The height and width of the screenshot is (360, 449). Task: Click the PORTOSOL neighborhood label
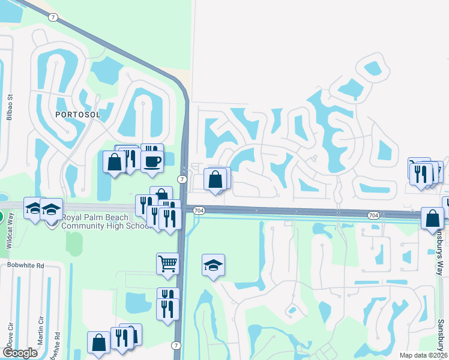(76, 114)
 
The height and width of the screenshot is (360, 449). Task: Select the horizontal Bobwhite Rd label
(26, 265)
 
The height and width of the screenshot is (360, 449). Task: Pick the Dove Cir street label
(10, 340)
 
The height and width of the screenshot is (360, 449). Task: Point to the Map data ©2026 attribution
(423, 355)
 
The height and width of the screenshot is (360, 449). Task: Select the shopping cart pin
(167, 263)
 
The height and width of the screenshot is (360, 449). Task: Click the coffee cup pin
(152, 160)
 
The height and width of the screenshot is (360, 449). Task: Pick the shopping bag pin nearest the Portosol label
(113, 161)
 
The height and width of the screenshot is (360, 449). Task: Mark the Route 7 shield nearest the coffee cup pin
(182, 179)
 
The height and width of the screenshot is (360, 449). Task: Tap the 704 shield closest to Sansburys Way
(373, 214)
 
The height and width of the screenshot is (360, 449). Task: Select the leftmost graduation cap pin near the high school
(34, 208)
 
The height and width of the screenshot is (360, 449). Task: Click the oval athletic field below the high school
(74, 244)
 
